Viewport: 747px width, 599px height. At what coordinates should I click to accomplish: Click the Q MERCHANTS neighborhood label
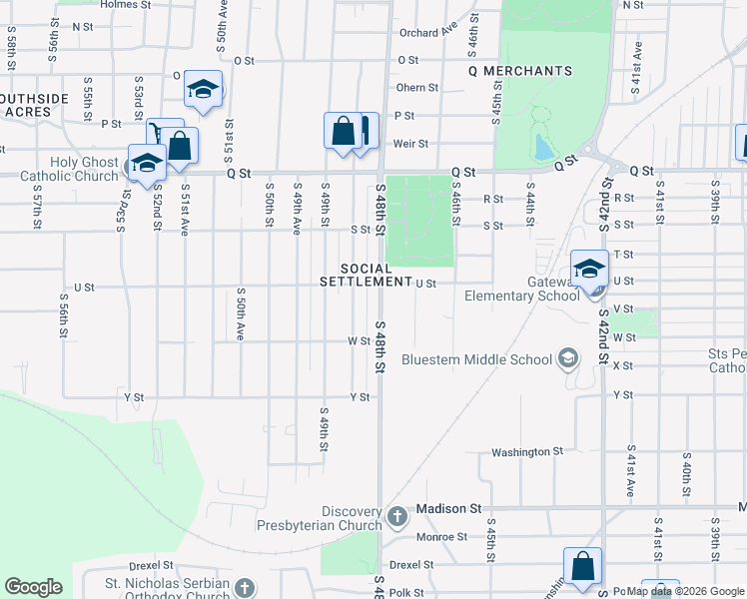[x=520, y=71]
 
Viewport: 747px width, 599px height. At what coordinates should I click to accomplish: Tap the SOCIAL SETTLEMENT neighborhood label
[x=366, y=276]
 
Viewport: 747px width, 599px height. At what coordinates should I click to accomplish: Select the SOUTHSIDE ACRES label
[x=35, y=105]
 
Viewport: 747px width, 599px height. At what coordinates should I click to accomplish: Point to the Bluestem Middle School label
[x=476, y=359]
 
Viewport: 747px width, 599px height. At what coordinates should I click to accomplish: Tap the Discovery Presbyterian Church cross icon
[x=397, y=516]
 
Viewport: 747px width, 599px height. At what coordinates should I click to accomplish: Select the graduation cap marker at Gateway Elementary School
[x=589, y=268]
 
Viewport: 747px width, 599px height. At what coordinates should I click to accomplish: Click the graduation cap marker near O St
[x=203, y=90]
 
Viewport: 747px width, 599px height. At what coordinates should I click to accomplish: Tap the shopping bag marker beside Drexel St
[x=582, y=565]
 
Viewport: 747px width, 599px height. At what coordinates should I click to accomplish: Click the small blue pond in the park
[x=543, y=148]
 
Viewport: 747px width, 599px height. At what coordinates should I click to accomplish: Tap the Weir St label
[x=410, y=144]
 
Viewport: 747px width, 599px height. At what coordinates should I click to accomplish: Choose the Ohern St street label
[x=417, y=88]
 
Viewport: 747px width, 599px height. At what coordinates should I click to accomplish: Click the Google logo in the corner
[x=34, y=587]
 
